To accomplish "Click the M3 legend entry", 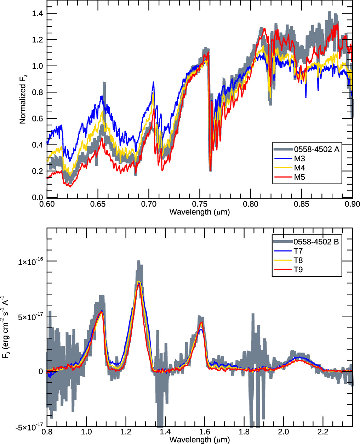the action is pyautogui.click(x=299, y=159).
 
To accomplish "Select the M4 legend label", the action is pyautogui.click(x=299, y=168).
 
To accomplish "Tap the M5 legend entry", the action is pyautogui.click(x=299, y=177).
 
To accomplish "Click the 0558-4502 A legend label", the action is pyautogui.click(x=317, y=149).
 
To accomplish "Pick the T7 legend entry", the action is pyautogui.click(x=298, y=251).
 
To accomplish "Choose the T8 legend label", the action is pyautogui.click(x=298, y=260).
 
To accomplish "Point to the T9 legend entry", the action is pyautogui.click(x=298, y=270).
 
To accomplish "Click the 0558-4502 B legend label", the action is pyautogui.click(x=316, y=242).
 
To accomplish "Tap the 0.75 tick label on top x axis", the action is pyautogui.click(x=200, y=204).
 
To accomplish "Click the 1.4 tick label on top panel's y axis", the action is pyautogui.click(x=38, y=13).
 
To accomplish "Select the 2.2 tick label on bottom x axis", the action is pyautogui.click(x=323, y=432).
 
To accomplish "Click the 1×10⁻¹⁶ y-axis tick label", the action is pyautogui.click(x=30, y=262).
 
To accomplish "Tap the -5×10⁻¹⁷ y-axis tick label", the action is pyautogui.click(x=29, y=427).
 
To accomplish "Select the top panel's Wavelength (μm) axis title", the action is pyautogui.click(x=200, y=212).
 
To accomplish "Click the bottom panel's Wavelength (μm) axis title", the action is pyautogui.click(x=200, y=440).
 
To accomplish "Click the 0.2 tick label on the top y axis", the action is pyautogui.click(x=38, y=171).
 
